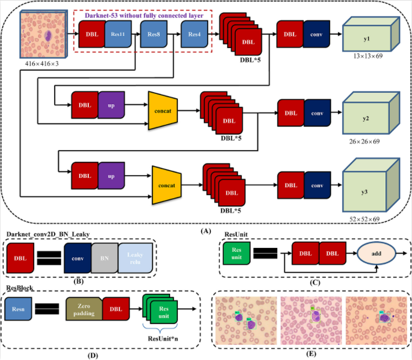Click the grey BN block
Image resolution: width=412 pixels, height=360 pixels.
tap(104, 258)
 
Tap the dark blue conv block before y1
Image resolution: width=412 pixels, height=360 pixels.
tap(316, 34)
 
